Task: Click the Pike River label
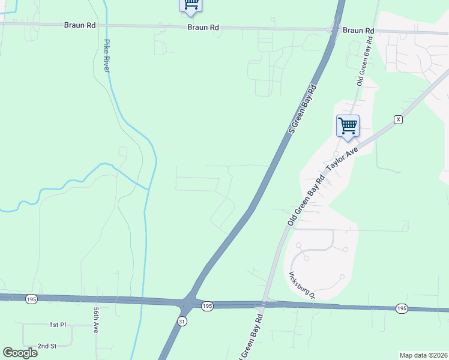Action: [107, 56]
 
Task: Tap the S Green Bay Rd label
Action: [302, 109]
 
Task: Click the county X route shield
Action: [397, 120]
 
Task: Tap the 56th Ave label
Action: [96, 320]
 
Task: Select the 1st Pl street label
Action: [58, 325]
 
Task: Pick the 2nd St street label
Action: [46, 346]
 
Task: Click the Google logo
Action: [20, 353]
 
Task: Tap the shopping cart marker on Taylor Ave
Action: [348, 127]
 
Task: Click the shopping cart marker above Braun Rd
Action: [190, 5]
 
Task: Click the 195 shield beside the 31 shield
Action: [207, 306]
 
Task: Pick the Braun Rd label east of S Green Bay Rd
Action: [358, 30]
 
